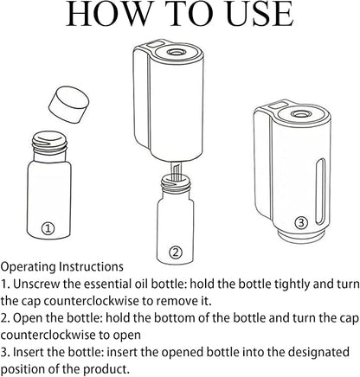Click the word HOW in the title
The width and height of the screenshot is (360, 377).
(108, 14)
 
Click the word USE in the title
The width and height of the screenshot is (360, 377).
(260, 14)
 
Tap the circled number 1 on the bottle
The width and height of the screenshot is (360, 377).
(48, 228)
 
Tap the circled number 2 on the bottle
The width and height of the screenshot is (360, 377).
(176, 252)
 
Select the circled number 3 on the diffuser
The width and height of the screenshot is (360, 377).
(301, 223)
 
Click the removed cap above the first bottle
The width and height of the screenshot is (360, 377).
(68, 105)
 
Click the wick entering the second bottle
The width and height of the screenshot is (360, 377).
(175, 172)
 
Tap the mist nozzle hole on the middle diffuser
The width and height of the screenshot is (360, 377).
(176, 52)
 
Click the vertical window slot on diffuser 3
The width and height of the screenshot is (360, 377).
(320, 191)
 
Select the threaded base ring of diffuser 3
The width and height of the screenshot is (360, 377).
(301, 234)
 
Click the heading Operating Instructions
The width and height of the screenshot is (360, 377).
(61, 267)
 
